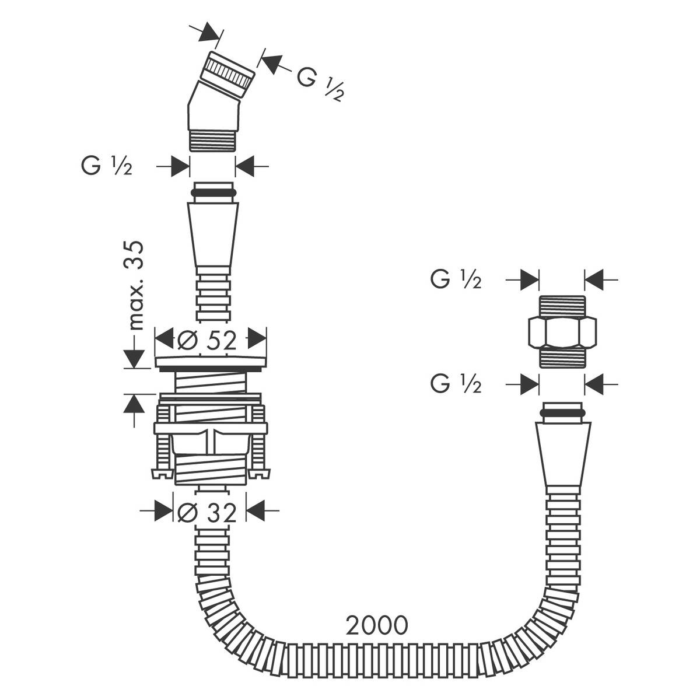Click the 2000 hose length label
[376, 625]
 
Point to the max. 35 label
[136, 286]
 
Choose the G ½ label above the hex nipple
[456, 280]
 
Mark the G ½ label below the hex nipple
[456, 384]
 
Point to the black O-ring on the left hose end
[213, 192]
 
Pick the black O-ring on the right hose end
[563, 413]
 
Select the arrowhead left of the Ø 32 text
[165, 512]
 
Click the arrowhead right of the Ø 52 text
[257, 339]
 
